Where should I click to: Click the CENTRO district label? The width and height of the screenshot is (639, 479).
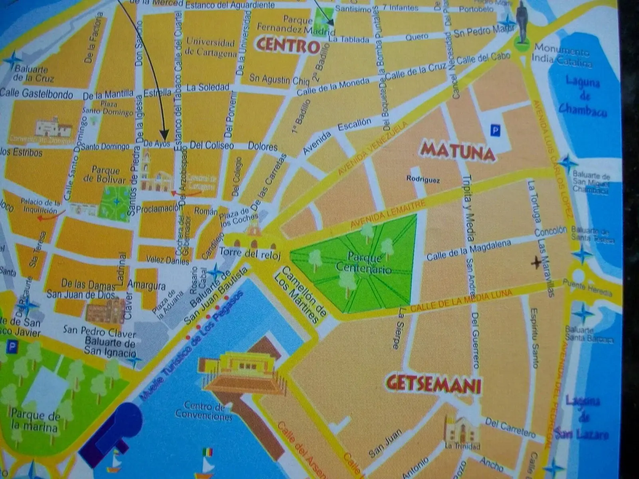288,45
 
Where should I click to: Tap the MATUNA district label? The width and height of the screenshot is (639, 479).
458,151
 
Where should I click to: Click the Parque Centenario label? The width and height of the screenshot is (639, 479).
363,263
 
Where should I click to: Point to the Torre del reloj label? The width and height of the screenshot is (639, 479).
250,254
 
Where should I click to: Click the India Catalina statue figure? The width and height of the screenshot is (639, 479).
521,22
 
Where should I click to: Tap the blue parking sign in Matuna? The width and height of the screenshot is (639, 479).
496,130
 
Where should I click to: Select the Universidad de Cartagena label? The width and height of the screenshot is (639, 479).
210,48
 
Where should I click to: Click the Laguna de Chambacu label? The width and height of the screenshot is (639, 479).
583,96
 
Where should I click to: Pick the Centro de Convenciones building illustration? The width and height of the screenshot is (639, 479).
244,373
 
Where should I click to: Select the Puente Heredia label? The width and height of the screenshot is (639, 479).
587,287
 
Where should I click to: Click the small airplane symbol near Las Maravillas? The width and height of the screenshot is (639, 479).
536,262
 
